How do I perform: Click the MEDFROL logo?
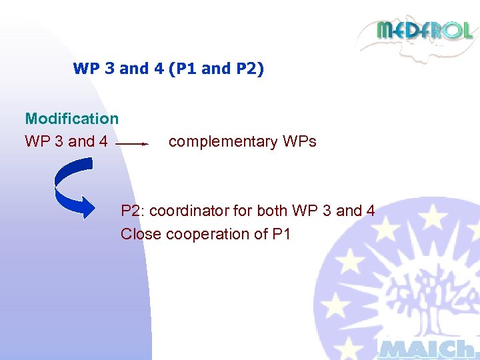pyautogui.click(x=424, y=31)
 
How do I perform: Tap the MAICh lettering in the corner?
pyautogui.click(x=427, y=349)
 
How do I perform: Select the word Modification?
pyautogui.click(x=71, y=119)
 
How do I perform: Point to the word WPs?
pyautogui.click(x=299, y=141)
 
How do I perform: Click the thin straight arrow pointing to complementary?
pyautogui.click(x=131, y=143)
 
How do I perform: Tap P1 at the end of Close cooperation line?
pyautogui.click(x=281, y=234)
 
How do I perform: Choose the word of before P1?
pyautogui.click(x=262, y=234)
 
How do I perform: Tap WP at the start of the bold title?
pyautogui.click(x=85, y=69)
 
